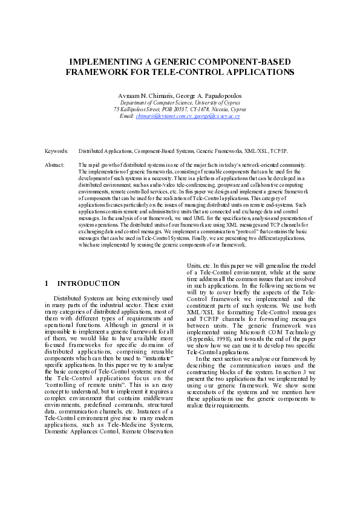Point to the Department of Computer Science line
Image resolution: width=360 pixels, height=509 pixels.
pos(180,103)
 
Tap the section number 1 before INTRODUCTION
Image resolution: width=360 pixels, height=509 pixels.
pos(48,284)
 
